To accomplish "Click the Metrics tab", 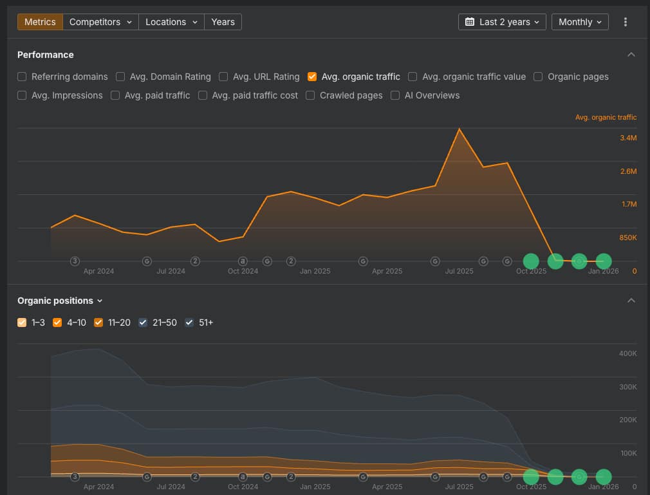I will [40, 22].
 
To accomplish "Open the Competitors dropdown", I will [100, 22].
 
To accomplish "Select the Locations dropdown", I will [171, 22].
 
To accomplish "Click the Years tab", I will [223, 22].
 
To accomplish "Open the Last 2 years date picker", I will [502, 22].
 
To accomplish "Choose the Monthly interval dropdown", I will [580, 22].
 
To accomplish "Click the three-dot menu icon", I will [626, 22].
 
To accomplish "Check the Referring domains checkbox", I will [23, 77].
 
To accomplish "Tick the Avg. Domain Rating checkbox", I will [121, 77].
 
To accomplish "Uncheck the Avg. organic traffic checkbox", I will [313, 77].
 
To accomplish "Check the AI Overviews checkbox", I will [396, 95].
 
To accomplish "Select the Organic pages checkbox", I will [539, 77].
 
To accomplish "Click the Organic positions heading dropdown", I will [60, 301].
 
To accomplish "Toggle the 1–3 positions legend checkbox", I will [23, 322].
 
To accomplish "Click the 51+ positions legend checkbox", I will [190, 322].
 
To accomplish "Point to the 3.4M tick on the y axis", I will [628, 138].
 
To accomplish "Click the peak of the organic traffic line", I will [459, 129].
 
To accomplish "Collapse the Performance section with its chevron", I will [631, 55].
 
